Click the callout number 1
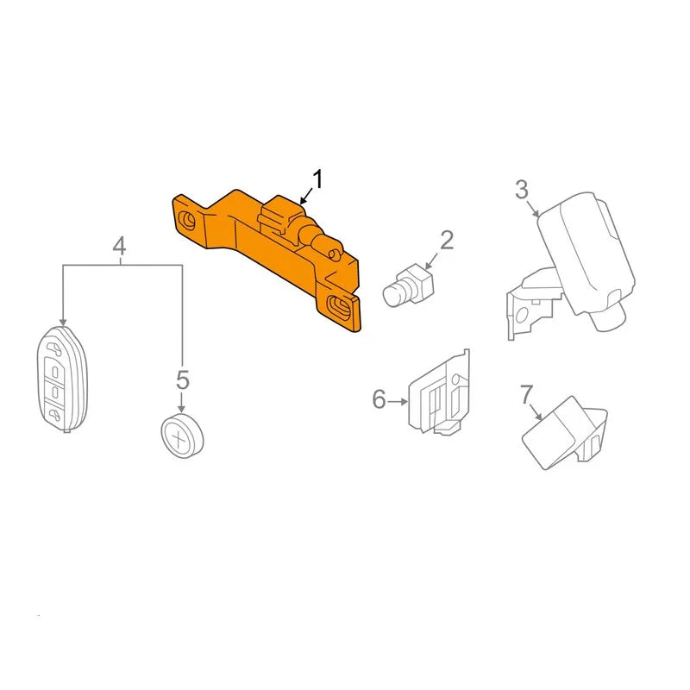(x=317, y=179)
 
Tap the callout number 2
(x=446, y=240)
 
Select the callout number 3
(x=522, y=189)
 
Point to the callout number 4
(x=119, y=246)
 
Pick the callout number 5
(x=183, y=379)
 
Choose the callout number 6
(x=379, y=399)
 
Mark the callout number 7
(x=526, y=394)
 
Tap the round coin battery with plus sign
(x=182, y=436)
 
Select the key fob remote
(x=62, y=379)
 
